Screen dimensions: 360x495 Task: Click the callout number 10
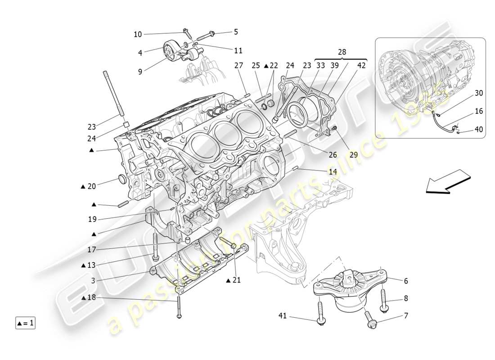click(x=138, y=34)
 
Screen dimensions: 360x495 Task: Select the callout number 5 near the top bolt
click(x=236, y=32)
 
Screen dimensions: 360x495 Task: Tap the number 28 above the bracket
click(x=342, y=52)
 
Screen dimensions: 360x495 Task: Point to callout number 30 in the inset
click(x=479, y=93)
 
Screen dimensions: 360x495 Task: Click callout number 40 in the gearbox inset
click(x=479, y=130)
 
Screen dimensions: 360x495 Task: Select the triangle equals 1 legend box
click(x=26, y=323)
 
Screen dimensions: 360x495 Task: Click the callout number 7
click(x=406, y=316)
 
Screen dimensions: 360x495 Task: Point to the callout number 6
click(x=406, y=281)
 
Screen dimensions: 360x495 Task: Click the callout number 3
click(x=93, y=281)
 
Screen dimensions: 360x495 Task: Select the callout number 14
click(x=333, y=171)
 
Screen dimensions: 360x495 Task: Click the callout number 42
click(x=361, y=66)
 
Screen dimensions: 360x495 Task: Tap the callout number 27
click(x=238, y=66)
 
